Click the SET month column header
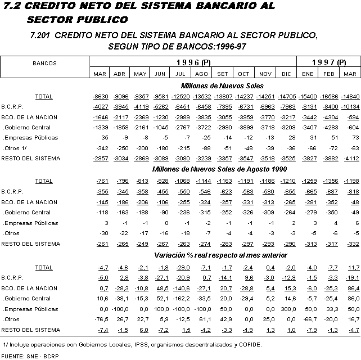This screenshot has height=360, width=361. click(222, 74)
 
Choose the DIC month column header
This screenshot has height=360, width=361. click(287, 74)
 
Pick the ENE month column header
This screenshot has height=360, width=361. click(309, 74)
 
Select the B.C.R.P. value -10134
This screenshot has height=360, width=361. click(350, 107)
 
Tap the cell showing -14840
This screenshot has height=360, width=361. click(350, 97)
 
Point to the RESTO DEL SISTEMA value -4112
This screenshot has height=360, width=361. click(350, 159)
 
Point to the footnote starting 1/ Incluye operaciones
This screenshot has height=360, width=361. click(133, 344)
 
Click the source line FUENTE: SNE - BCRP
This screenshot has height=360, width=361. click(30, 356)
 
